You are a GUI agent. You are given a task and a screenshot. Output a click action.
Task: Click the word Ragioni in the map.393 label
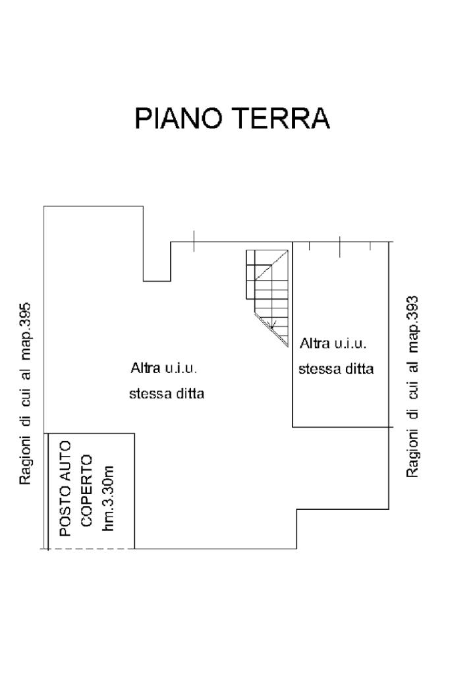pyautogui.click(x=412, y=449)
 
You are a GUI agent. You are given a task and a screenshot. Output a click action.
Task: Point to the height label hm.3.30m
pyautogui.click(x=109, y=498)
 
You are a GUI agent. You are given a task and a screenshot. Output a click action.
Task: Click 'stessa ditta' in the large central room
pyautogui.click(x=167, y=395)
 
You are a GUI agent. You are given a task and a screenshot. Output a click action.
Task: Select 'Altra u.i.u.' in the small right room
pyautogui.click(x=333, y=343)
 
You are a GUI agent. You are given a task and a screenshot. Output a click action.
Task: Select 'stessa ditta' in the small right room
pyautogui.click(x=336, y=369)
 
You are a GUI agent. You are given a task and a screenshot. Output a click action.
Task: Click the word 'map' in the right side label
pyautogui.click(x=412, y=343)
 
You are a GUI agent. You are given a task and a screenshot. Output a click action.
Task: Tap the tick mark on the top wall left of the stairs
pyautogui.click(x=194, y=242)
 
